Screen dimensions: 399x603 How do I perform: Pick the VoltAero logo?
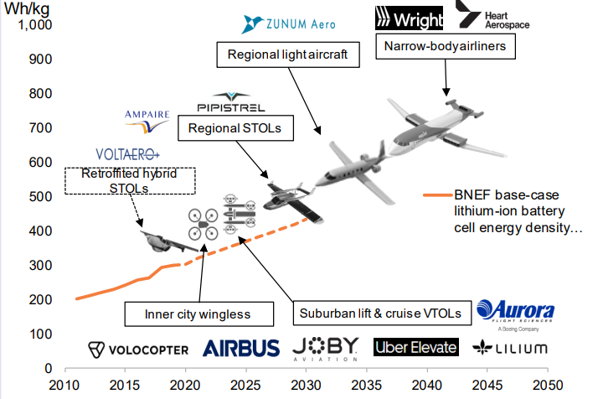127,154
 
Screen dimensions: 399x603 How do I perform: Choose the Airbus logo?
241,348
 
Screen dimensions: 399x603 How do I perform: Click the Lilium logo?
510,348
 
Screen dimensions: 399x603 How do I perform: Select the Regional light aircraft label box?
281,57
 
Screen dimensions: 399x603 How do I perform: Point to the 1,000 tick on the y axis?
36,25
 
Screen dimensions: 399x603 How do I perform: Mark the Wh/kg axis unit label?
23,8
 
